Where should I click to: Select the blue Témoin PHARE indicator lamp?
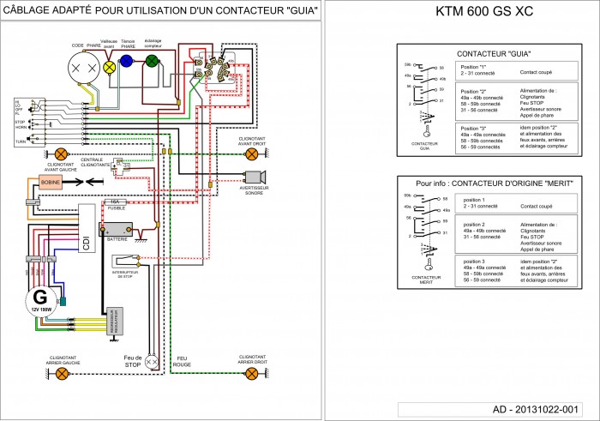coord(127,61)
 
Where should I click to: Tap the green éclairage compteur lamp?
coord(151,60)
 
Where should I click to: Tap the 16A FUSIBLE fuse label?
coord(115,205)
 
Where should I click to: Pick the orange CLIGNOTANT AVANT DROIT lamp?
coord(251,154)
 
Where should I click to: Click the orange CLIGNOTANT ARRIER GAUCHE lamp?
coord(62,373)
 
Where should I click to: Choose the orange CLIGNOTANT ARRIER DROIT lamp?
coord(251,373)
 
